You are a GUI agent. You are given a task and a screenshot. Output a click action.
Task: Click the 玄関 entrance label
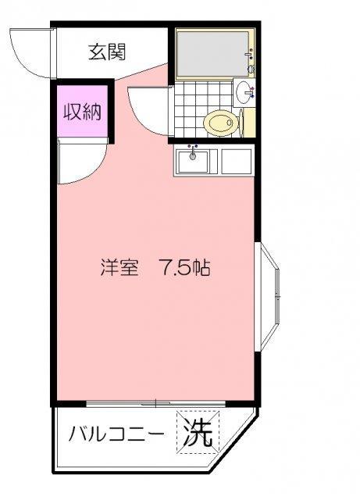point(107,52)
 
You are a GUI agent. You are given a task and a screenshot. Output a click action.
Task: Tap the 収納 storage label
point(82,112)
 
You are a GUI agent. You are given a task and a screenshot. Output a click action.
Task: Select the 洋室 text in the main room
point(119,267)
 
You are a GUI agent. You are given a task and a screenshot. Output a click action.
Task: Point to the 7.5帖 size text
point(183,267)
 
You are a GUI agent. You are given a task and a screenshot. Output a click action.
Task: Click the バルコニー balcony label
point(116,434)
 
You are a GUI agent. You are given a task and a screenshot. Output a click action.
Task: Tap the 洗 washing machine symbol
point(198,432)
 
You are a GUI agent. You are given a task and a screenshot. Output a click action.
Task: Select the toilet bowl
point(221,123)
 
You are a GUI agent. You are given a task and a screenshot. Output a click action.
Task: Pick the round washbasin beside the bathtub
point(244,92)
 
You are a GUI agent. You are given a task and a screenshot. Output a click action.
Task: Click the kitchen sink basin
point(193,162)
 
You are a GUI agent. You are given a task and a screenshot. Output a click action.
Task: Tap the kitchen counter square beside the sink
point(236,162)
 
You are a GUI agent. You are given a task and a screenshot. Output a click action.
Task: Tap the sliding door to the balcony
point(156,403)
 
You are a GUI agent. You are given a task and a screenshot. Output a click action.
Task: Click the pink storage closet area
point(82,111)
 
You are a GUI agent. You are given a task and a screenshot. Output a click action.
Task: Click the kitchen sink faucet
point(193,152)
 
